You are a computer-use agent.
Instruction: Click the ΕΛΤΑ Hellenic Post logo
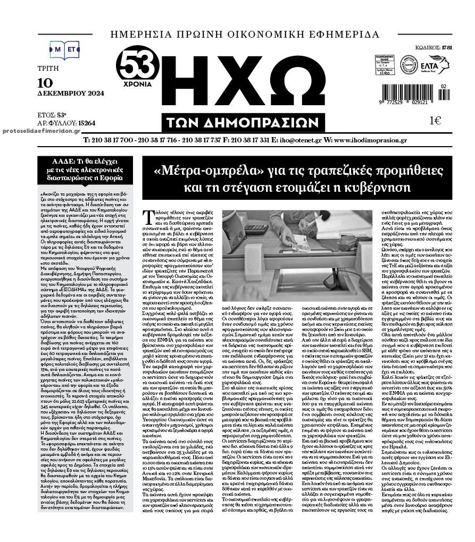[435, 65]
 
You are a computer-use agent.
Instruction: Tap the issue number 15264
[86, 123]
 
